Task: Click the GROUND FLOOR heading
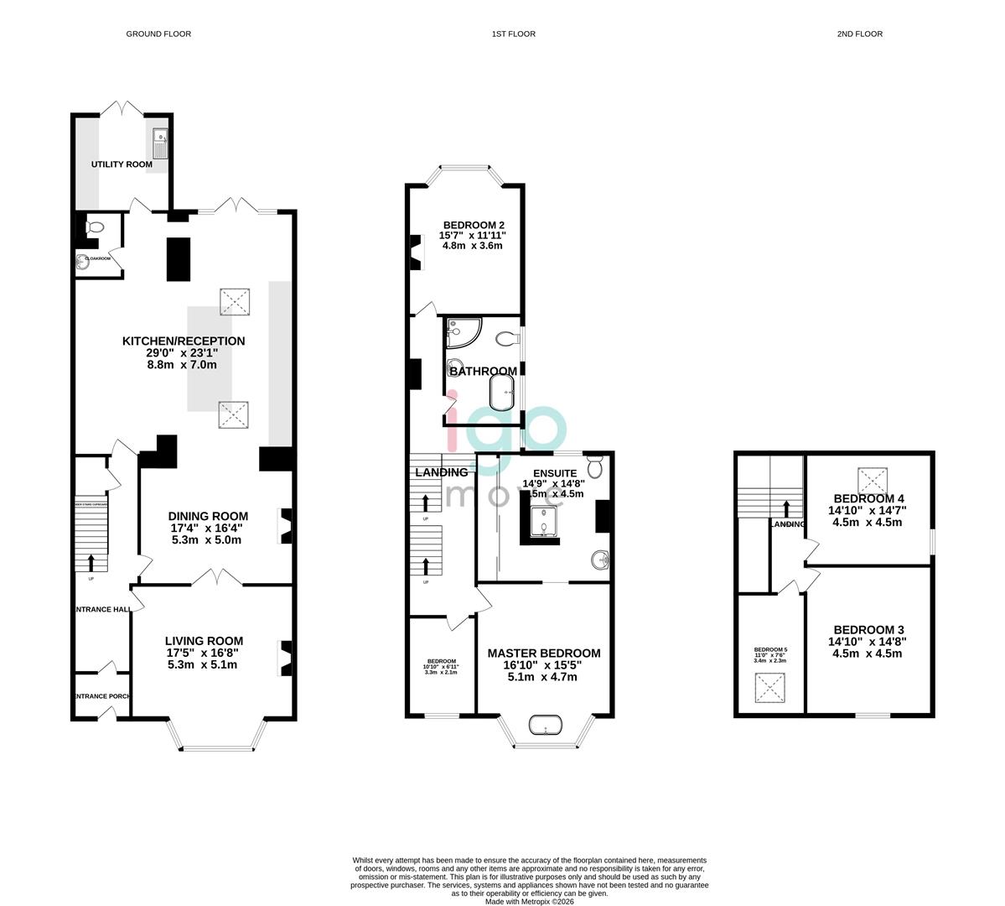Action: [x=158, y=34]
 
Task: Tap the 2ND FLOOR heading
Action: [x=859, y=34]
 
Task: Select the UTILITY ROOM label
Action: [x=122, y=164]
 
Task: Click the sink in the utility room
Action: [x=161, y=142]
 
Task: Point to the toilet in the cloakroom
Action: [x=95, y=226]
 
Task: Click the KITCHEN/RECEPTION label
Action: [x=184, y=341]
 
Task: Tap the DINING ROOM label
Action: [x=208, y=517]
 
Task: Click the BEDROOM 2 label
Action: [x=473, y=225]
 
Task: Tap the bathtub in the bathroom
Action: [x=502, y=390]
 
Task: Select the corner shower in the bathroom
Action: [x=462, y=332]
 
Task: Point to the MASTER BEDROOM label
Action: [x=544, y=653]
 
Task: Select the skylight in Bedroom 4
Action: [x=872, y=481]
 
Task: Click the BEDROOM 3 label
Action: [x=868, y=630]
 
